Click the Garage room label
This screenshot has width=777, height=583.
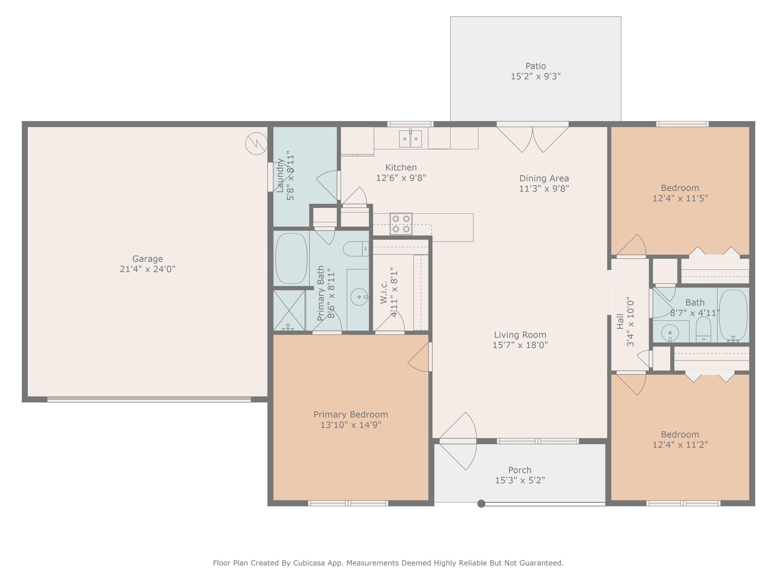147,259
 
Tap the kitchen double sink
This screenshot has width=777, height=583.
410,138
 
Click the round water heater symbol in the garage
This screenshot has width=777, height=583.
256,143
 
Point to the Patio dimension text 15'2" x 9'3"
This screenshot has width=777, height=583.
536,76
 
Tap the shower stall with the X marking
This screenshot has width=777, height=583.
289,310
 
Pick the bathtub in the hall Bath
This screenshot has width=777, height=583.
733,315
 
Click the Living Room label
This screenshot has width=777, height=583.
520,335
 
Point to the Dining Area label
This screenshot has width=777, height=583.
544,179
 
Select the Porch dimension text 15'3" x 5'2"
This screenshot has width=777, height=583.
520,480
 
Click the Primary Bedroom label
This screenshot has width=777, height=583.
351,415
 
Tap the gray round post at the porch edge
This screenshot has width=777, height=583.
481,504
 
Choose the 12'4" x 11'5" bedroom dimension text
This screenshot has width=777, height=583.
680,198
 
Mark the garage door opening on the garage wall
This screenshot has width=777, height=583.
149,399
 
